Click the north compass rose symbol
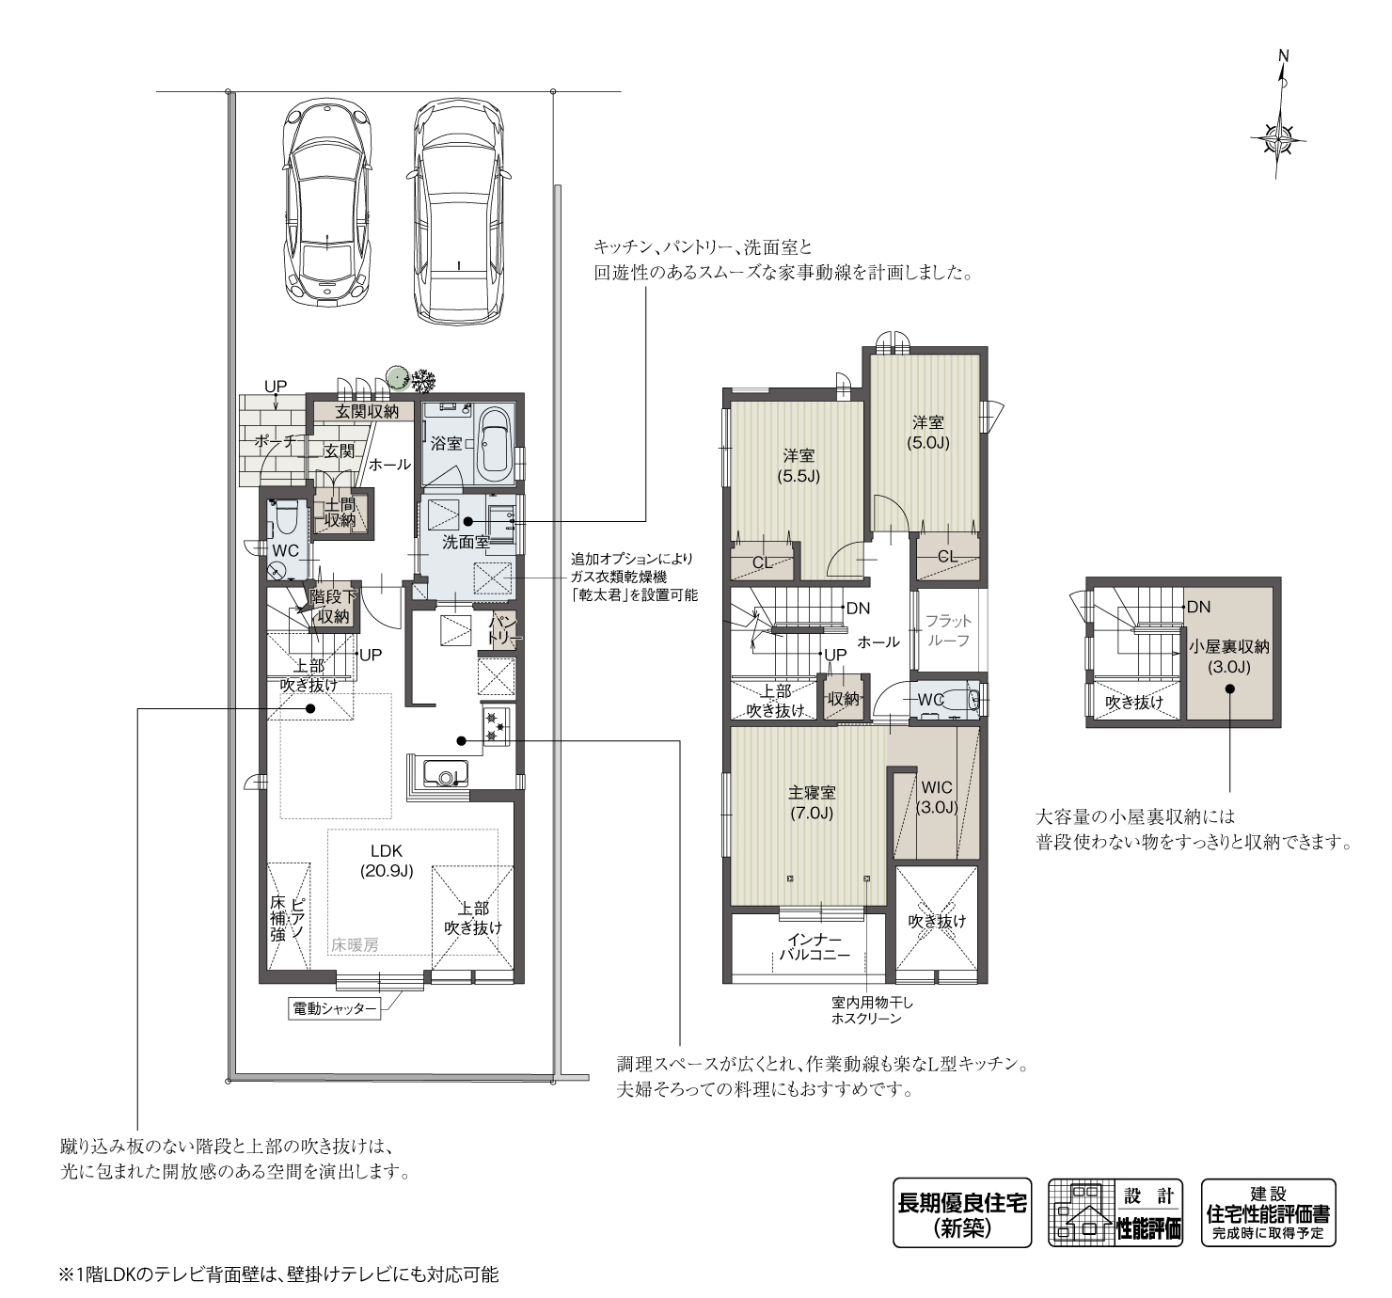[x=1279, y=139]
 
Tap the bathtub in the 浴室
[x=495, y=443]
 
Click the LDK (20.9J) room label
[x=387, y=861]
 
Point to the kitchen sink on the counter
[x=443, y=776]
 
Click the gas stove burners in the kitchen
[x=496, y=725]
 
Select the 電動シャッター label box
[x=335, y=1009]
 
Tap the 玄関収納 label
[x=367, y=411]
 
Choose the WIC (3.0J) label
[x=937, y=797]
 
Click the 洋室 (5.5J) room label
[x=799, y=466]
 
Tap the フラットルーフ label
[x=948, y=630]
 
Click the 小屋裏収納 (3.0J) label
[x=1229, y=657]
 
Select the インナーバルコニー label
[x=814, y=947]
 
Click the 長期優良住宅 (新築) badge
[x=962, y=1212]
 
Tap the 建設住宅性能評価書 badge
[x=1268, y=1212]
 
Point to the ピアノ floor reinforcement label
[x=287, y=917]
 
